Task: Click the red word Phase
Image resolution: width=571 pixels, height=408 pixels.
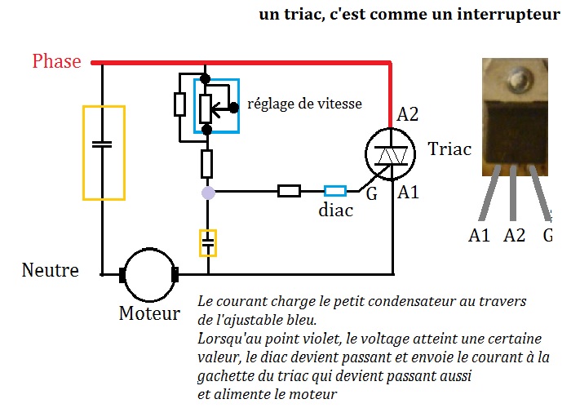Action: click(56, 62)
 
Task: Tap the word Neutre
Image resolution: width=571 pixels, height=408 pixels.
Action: click(51, 270)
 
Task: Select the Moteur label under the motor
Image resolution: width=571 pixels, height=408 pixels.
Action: click(149, 313)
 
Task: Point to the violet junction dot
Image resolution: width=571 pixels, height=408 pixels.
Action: click(207, 193)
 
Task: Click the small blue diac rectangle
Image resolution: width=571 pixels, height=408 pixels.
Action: click(335, 192)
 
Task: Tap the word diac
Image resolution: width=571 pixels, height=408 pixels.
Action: click(335, 211)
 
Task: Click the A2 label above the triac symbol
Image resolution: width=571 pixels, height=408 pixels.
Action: click(408, 115)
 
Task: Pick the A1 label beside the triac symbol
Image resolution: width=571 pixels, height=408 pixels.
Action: click(409, 193)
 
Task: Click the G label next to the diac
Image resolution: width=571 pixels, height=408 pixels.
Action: click(371, 197)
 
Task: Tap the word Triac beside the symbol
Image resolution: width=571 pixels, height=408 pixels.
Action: click(449, 149)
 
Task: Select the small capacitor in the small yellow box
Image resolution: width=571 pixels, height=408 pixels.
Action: click(208, 242)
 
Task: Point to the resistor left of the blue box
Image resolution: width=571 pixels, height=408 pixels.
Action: click(179, 104)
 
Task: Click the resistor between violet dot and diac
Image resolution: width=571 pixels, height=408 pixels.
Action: click(289, 192)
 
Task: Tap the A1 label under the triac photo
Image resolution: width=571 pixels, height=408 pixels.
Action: click(480, 237)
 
